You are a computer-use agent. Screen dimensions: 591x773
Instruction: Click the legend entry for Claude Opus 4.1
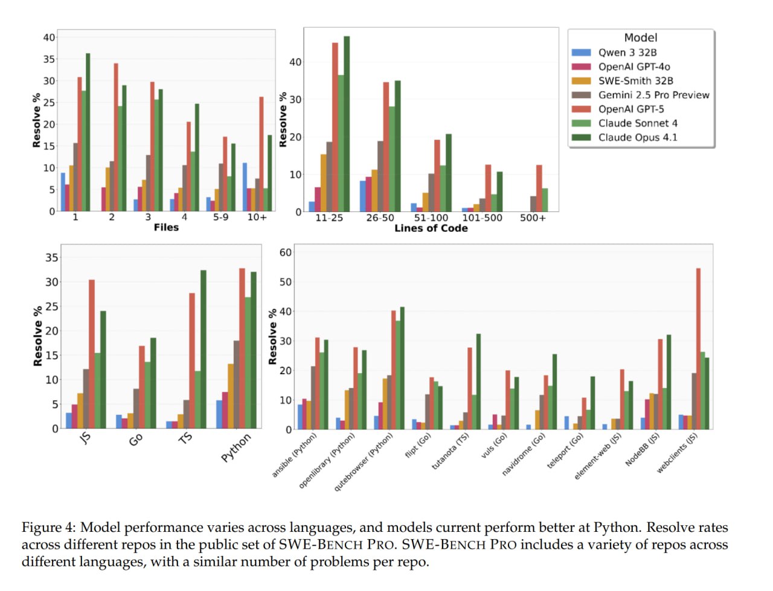pyautogui.click(x=637, y=138)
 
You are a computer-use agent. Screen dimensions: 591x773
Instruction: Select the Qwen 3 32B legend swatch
pyautogui.click(x=581, y=53)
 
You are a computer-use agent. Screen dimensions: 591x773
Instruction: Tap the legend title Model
pyautogui.click(x=640, y=37)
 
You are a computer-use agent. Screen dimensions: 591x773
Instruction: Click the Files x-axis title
pyautogui.click(x=166, y=228)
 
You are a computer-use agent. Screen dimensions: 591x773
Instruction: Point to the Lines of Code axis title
pyautogui.click(x=431, y=228)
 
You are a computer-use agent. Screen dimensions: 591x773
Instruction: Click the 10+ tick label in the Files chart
pyautogui.click(x=257, y=217)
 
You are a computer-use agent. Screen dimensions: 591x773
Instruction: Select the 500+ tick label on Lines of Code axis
pyautogui.click(x=533, y=218)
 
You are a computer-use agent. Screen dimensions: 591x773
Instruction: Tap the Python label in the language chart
pyautogui.click(x=236, y=447)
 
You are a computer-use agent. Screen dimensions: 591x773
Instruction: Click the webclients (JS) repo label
pyautogui.click(x=677, y=453)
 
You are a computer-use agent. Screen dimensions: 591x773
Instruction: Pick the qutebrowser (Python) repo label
pyautogui.click(x=364, y=461)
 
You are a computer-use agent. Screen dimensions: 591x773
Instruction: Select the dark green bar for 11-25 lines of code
pyautogui.click(x=347, y=124)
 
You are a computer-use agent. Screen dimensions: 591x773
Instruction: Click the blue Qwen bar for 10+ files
pyautogui.click(x=245, y=187)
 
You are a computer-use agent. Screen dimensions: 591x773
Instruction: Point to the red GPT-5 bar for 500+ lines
pyautogui.click(x=539, y=188)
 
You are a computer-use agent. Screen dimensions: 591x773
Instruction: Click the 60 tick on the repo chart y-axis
pyautogui.click(x=285, y=252)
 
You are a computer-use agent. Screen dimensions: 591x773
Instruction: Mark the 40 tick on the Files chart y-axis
pyautogui.click(x=48, y=37)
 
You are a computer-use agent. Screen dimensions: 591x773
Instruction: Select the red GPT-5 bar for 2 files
pyautogui.click(x=115, y=137)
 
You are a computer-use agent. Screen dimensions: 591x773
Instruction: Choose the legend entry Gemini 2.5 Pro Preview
pyautogui.click(x=653, y=95)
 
